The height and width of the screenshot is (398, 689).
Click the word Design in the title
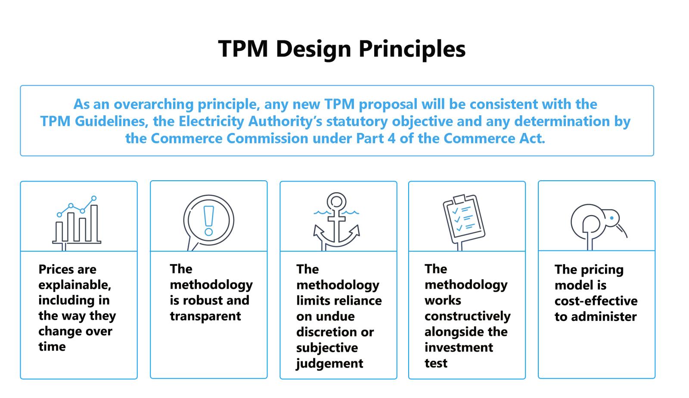coord(313,49)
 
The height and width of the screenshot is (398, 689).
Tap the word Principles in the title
coord(412,49)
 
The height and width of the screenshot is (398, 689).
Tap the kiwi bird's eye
coord(612,218)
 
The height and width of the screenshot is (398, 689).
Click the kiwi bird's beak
coord(622,231)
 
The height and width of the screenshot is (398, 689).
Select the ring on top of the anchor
coord(336,202)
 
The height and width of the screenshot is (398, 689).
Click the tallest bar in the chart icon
coord(94,223)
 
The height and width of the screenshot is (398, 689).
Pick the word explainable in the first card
coord(75,285)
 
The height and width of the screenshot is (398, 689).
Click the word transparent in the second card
coord(205,316)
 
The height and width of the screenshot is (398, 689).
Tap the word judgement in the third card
coord(329,363)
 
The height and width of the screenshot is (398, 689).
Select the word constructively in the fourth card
coord(468,316)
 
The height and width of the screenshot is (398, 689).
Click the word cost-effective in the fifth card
coord(596,301)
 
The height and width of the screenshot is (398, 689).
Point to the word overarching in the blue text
coord(153,104)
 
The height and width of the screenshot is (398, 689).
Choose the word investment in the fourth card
coord(459,347)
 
